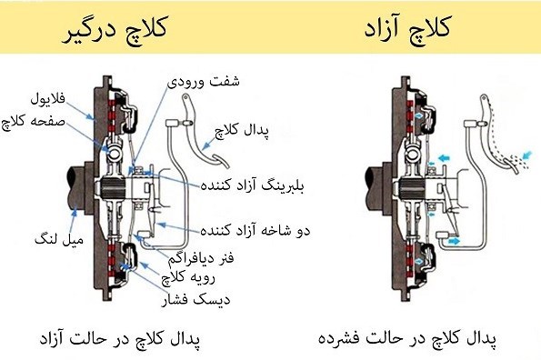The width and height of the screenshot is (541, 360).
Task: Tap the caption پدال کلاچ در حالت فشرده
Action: pos(416,338)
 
